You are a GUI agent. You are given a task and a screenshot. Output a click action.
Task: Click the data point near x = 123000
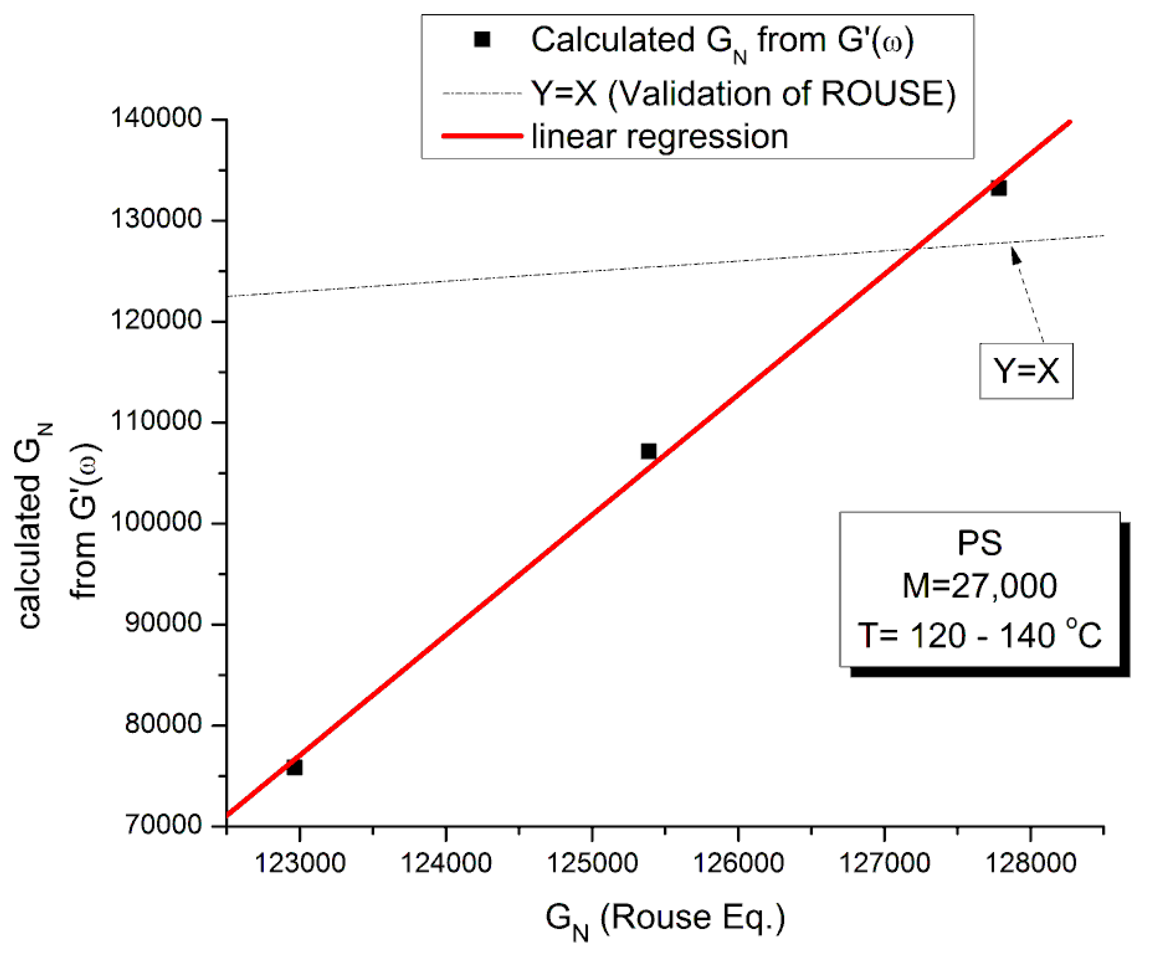[x=294, y=767]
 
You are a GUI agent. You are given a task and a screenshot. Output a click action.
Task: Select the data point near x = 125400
[x=649, y=451]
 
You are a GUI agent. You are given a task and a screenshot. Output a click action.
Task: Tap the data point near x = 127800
[x=998, y=188]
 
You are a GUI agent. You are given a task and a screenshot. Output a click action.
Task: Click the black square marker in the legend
[x=482, y=40]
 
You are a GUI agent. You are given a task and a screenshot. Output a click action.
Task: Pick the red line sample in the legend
[x=482, y=136]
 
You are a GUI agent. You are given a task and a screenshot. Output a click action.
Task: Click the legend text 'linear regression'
[x=660, y=137]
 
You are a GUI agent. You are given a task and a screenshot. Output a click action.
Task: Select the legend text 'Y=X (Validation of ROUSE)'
[x=743, y=93]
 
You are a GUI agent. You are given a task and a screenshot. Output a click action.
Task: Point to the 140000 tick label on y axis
[x=157, y=118]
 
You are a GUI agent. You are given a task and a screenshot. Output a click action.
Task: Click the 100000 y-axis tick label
[x=157, y=522]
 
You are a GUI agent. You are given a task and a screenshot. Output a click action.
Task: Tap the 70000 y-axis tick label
[x=164, y=824]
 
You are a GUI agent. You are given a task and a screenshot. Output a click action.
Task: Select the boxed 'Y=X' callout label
[x=1026, y=371]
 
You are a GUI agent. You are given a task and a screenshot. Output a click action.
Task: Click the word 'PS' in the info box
[x=979, y=543]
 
